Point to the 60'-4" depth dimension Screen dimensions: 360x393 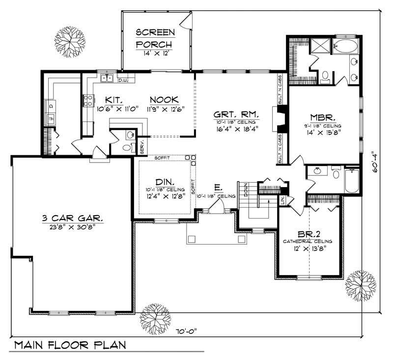[x=375, y=162]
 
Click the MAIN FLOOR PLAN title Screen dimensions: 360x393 [x=69, y=345]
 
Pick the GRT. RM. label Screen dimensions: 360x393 [x=236, y=114]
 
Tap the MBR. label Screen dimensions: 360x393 [x=322, y=118]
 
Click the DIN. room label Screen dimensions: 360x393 [x=165, y=181]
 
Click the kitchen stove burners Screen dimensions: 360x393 [x=89, y=101]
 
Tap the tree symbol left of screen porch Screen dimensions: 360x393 [x=69, y=38]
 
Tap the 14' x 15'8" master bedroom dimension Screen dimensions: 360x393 [x=322, y=131]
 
